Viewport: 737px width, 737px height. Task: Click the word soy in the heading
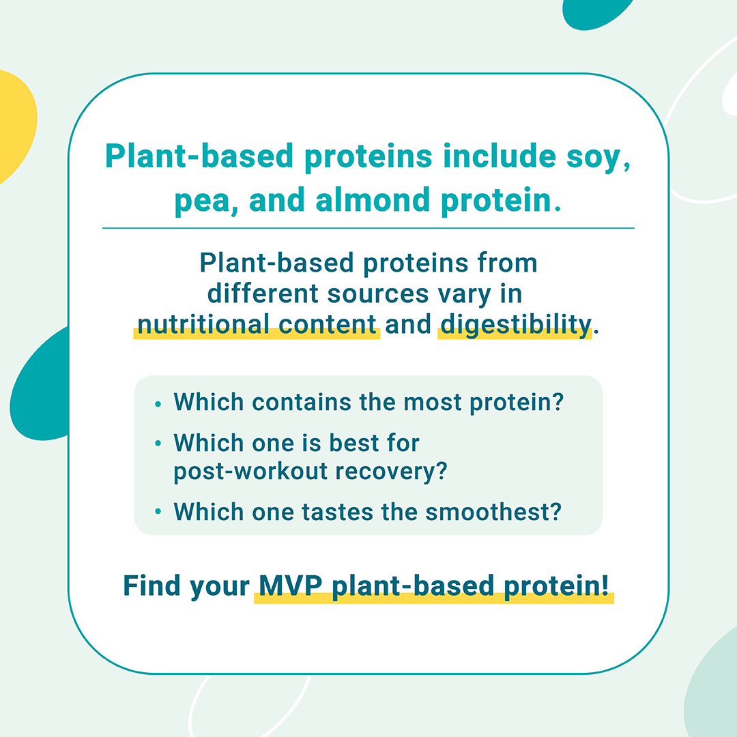click(x=593, y=158)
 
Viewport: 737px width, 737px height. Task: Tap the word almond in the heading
click(x=373, y=200)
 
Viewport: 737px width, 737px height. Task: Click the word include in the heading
click(x=499, y=156)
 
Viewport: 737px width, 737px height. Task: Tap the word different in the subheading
click(x=263, y=293)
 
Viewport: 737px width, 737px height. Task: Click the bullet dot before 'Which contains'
click(x=158, y=404)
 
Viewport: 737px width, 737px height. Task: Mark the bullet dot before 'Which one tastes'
click(x=158, y=512)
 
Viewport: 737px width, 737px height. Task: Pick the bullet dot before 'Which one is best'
click(x=158, y=443)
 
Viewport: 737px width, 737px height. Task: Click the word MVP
click(x=291, y=586)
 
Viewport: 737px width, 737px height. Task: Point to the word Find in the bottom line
click(x=151, y=586)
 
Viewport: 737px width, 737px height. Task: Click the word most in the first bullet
click(x=433, y=403)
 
